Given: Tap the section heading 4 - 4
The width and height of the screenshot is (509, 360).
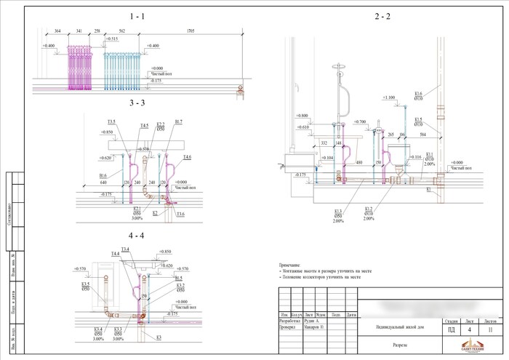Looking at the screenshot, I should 137,236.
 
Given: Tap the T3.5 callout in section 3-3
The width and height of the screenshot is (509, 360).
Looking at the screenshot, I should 111,121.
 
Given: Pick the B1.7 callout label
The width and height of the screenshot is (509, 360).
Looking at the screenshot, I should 179,121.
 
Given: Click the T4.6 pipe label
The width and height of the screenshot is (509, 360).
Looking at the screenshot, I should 187,157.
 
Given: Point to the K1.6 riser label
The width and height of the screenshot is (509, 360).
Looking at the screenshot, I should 418,95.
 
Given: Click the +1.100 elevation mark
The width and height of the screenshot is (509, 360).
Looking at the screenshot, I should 388,97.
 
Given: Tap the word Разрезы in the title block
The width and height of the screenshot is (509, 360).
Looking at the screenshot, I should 402,346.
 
